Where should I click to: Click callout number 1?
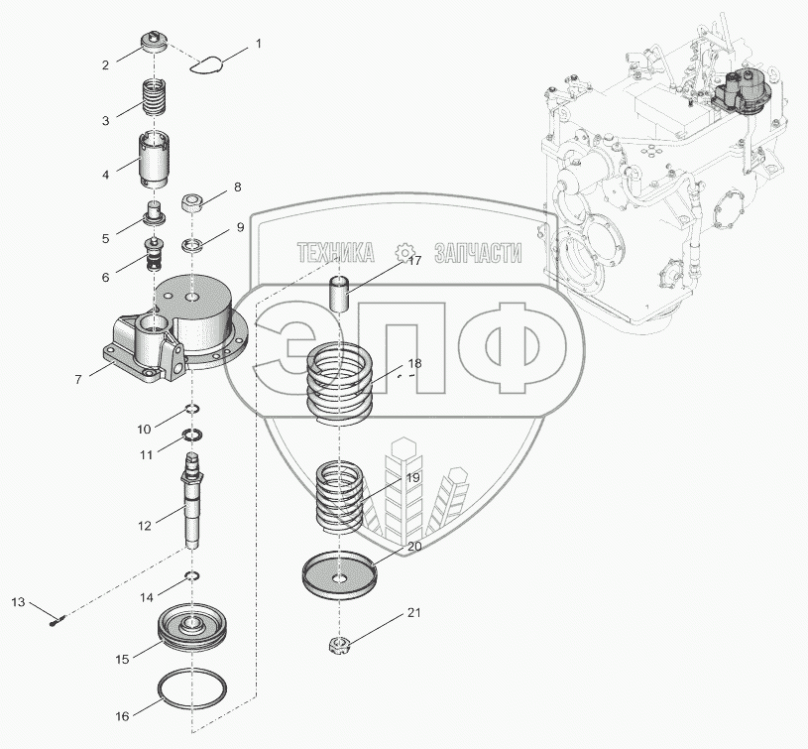(x=259, y=44)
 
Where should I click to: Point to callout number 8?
(x=237, y=187)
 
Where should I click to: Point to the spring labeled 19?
(x=341, y=493)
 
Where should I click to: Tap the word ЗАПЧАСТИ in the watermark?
(x=478, y=254)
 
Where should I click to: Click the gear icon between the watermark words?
(x=404, y=252)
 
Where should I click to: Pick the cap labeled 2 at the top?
(x=155, y=43)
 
